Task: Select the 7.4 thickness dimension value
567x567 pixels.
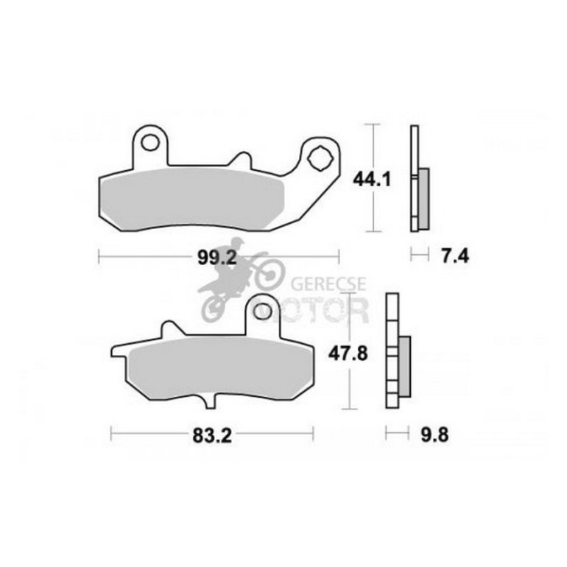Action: [x=454, y=256]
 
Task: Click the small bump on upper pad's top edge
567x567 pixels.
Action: [x=239, y=158]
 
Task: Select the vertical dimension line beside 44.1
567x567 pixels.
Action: [x=376, y=177]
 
